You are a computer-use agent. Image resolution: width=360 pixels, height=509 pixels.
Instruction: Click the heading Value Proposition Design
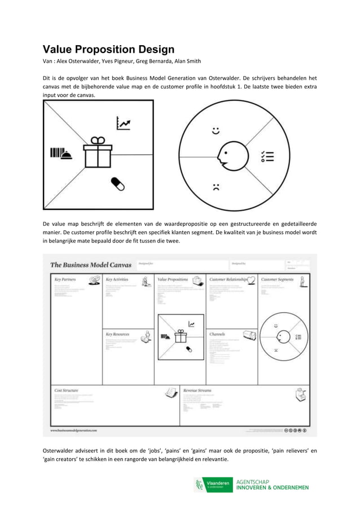pos(108,49)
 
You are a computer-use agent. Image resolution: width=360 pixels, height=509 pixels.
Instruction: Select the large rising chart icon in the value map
pos(123,122)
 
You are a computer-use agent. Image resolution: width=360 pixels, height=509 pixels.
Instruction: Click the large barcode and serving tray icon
pos(60,153)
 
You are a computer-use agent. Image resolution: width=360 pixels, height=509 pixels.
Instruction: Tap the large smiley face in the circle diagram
pos(216,131)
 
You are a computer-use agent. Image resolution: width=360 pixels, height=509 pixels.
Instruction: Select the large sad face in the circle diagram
pos(216,187)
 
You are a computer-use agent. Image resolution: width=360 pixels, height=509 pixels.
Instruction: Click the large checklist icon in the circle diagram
pos(267,156)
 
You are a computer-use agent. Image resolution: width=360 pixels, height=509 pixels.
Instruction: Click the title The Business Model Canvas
pos(91,264)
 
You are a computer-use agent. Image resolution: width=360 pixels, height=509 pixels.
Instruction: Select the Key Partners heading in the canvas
pos(65,279)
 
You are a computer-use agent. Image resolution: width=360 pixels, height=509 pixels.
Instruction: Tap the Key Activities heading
pos(117,279)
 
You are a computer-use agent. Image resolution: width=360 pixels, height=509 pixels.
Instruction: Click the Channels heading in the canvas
pos(217,334)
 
